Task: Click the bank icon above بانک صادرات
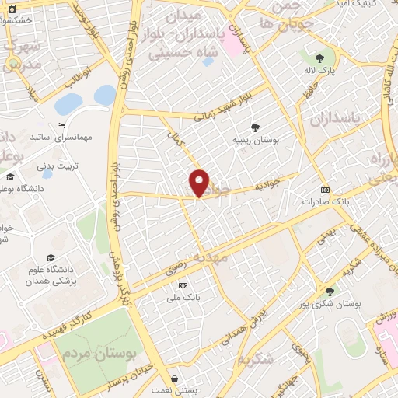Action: (325, 190)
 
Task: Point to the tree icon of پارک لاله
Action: (319, 59)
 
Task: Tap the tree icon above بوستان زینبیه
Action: (256, 127)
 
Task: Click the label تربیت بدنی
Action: (60, 166)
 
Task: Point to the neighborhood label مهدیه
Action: (211, 255)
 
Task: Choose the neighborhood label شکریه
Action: (257, 358)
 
